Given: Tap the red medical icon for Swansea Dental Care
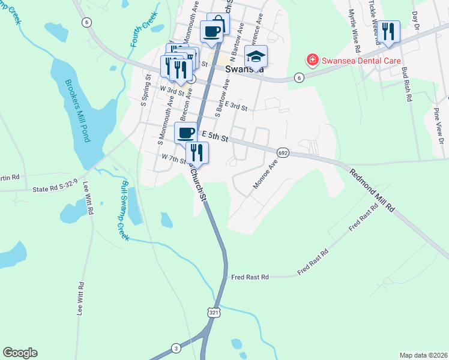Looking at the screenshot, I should click(312, 60).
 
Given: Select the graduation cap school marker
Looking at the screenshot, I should click(256, 58).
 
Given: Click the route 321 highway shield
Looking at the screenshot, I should click(214, 313).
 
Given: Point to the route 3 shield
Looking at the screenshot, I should click(176, 348).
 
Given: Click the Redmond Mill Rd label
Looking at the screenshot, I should click(373, 189).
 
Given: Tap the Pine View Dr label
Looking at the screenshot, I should click(441, 127).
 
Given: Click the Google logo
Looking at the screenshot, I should click(20, 353).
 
